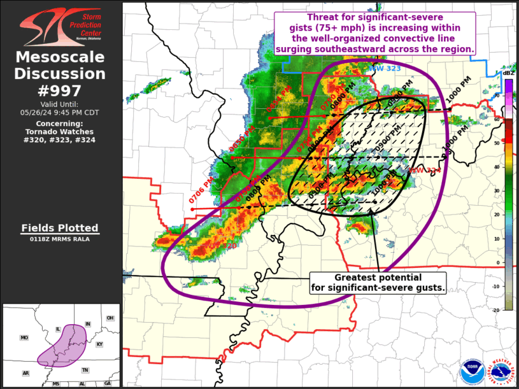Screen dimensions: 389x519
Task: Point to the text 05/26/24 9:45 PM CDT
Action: pos(60,113)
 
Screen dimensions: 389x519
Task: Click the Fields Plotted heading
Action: pos(60,228)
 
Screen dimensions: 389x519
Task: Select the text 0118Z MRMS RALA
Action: pos(60,239)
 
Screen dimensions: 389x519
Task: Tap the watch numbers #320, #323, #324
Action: pos(60,139)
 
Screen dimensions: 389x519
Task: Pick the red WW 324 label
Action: pos(425,171)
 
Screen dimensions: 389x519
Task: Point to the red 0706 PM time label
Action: pos(201,195)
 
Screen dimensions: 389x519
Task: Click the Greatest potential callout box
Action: pos(379,283)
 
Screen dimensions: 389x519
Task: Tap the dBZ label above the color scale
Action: pos(508,73)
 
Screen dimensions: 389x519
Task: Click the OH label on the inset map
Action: pos(110,318)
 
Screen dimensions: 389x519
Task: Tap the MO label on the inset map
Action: pos(24,338)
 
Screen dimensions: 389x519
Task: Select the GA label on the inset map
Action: pos(108,383)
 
